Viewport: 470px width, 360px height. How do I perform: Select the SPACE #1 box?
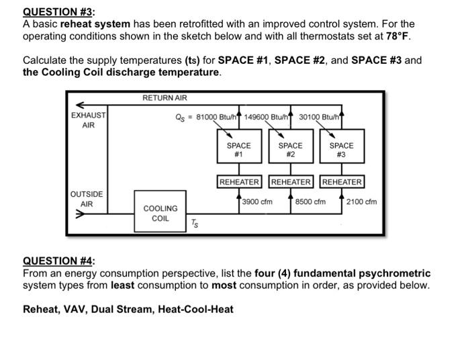tap(238, 149)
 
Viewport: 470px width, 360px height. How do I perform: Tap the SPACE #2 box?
tap(290, 149)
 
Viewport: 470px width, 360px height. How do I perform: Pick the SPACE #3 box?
tap(341, 149)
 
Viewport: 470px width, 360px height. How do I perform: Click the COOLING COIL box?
tap(160, 213)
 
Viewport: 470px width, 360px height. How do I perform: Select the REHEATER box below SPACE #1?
tap(239, 182)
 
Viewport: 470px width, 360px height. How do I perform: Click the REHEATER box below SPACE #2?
tap(291, 182)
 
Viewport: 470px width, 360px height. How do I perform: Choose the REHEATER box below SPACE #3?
tap(342, 182)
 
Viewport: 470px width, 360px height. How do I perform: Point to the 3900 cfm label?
tap(257, 201)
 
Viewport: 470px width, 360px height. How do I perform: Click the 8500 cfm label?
tap(310, 201)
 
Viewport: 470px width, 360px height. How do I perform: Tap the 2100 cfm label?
tap(361, 201)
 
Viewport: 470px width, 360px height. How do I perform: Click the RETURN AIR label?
tap(164, 98)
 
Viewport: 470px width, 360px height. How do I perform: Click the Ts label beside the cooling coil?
tap(194, 224)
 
